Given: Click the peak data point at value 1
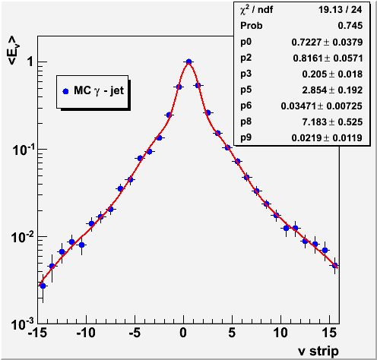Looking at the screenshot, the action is pos(188,62).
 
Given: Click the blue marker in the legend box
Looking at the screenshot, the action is pos(65,91).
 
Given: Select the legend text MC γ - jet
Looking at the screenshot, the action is pos(99,90).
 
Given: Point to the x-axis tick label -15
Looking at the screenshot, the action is pos(37,333).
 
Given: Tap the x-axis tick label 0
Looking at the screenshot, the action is pos(183,333).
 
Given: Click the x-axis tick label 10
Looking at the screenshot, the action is pos(280,333).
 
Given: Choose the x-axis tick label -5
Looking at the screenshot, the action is pos(135,333).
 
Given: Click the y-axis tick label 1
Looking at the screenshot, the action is pos(30,62).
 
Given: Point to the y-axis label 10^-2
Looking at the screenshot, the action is pos(23,237).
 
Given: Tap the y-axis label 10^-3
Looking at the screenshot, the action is pos(23,324).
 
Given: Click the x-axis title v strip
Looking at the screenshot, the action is pos(318,351).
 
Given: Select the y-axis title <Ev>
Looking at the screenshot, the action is pos(14,50).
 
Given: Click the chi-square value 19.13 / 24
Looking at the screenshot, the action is pos(340,10).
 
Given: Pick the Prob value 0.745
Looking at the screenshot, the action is pos(350,26).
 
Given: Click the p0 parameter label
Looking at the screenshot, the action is pos(246,42).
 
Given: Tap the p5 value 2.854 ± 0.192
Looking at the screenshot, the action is pos(332,90).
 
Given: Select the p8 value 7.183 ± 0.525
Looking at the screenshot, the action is pos(332,122).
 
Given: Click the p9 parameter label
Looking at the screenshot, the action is pos(246,137).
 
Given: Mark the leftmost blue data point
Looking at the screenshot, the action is pos(43,286).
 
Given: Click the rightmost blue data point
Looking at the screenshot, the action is pos(335,266).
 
